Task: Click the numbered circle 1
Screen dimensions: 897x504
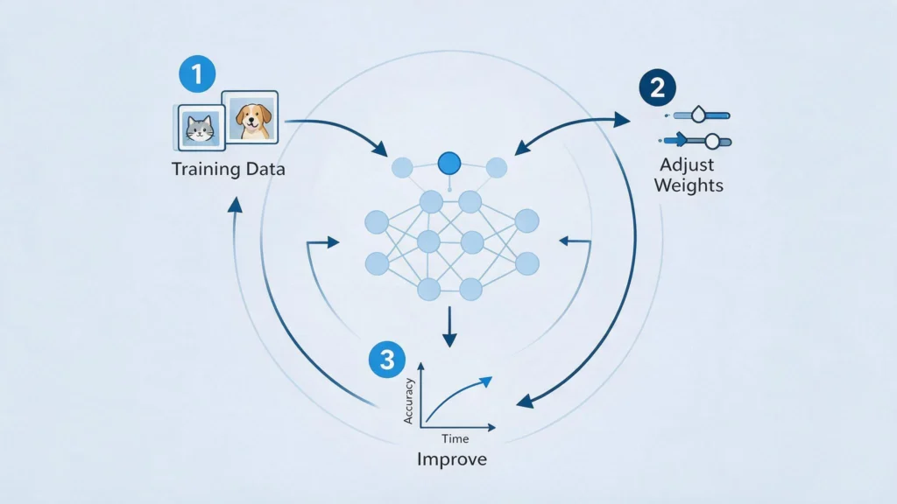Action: [x=197, y=73]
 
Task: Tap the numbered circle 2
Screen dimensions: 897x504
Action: [x=657, y=87]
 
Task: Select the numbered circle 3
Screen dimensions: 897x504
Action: [x=387, y=360]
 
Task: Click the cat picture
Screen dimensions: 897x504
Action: [x=200, y=128]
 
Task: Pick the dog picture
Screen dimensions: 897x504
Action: [x=251, y=117]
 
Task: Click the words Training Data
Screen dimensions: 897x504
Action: [x=229, y=169]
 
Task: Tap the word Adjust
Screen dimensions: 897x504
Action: [x=687, y=165]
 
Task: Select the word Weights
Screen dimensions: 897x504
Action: [x=689, y=185]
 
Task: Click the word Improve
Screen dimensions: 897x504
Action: [x=452, y=459]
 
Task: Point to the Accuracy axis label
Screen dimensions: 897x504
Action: [x=408, y=401]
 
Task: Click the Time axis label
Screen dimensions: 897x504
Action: [x=455, y=439]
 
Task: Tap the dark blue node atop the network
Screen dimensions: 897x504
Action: [x=449, y=164]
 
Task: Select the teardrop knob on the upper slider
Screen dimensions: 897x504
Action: [x=698, y=115]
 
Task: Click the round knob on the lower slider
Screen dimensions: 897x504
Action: [x=712, y=141]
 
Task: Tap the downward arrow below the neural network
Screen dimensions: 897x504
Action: [x=449, y=327]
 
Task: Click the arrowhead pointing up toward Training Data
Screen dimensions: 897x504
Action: [x=235, y=205]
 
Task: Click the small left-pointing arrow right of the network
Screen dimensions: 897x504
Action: [x=575, y=241]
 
